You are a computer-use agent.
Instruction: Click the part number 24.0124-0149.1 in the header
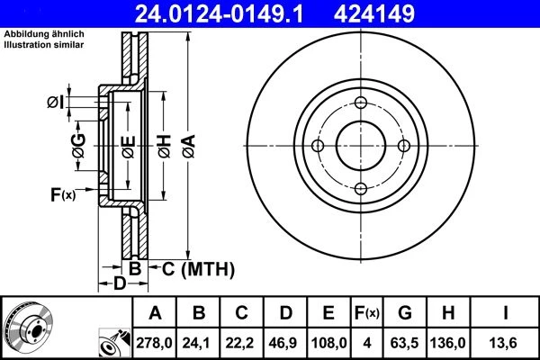coord(219,13)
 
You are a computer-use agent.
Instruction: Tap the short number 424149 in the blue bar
coord(374,13)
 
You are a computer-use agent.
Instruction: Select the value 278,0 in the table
coord(154,343)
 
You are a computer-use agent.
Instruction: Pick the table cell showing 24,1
coord(197,343)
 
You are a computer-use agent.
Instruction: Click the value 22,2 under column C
coord(240,343)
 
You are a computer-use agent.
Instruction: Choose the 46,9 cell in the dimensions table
coord(283,343)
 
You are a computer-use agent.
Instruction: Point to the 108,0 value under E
coord(328,343)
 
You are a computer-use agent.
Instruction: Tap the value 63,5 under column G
coord(404,343)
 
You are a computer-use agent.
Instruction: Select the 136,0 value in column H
coord(447,343)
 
